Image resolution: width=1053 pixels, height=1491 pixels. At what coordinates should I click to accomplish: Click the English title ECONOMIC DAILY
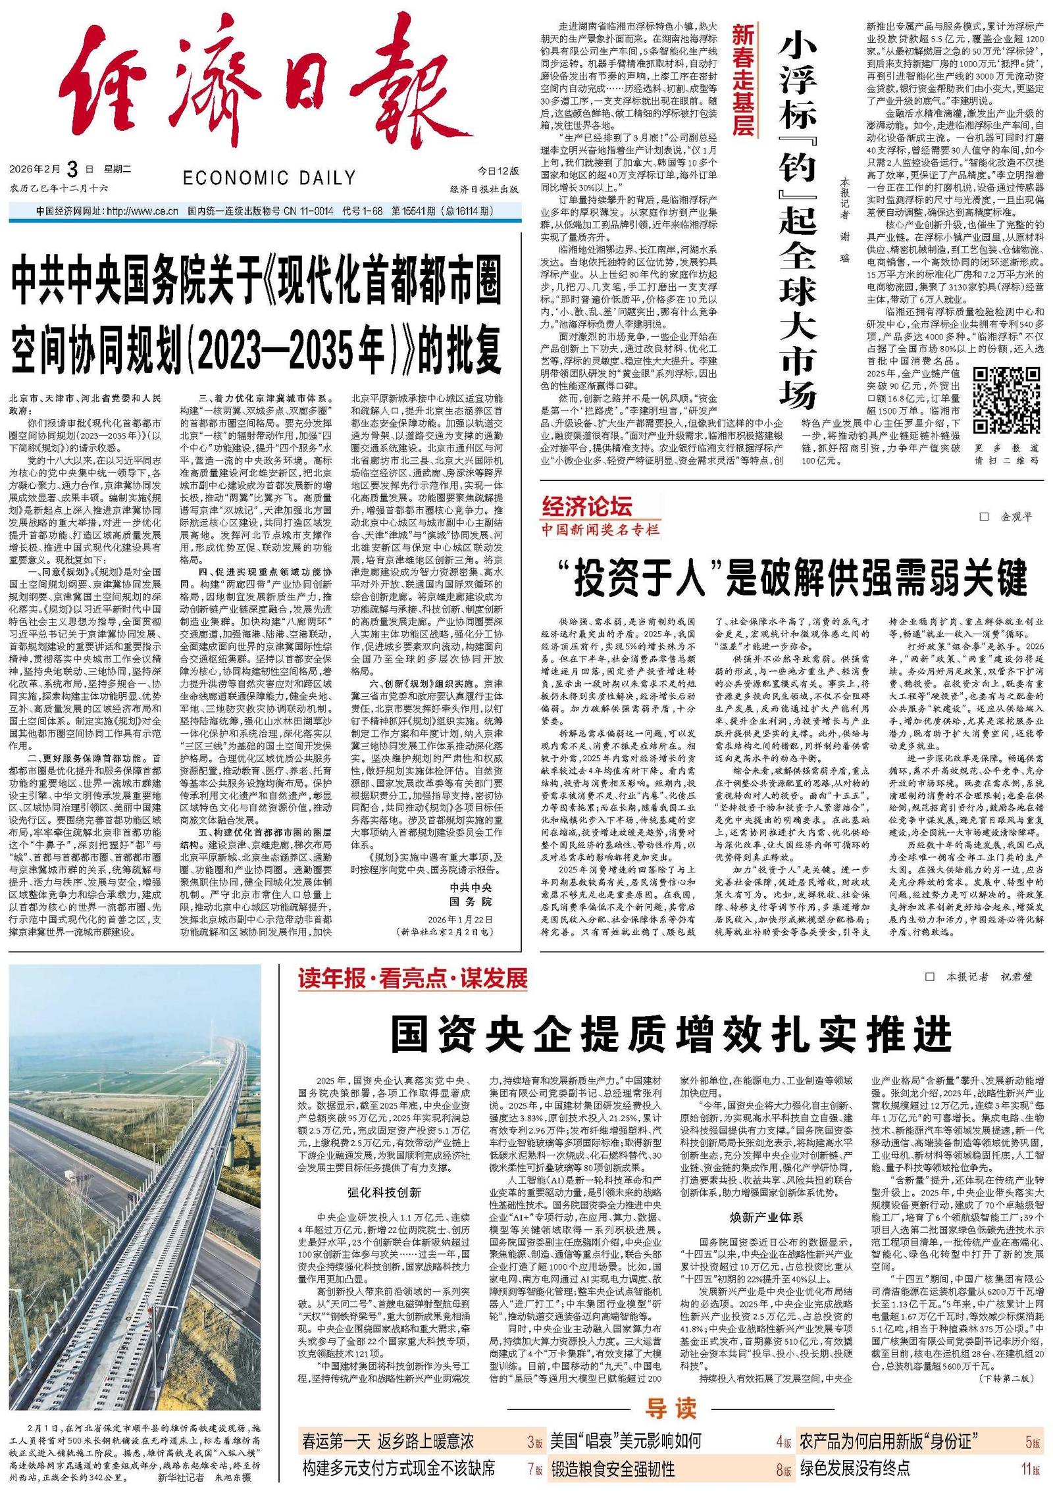[269, 178]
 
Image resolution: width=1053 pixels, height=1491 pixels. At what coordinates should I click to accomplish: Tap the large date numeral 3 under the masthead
[72, 170]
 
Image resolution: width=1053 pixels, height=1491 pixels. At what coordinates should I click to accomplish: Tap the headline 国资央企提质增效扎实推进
[671, 1034]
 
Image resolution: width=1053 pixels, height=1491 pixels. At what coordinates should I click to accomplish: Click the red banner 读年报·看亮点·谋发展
[413, 978]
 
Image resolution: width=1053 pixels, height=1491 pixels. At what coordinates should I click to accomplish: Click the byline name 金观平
[1016, 517]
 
